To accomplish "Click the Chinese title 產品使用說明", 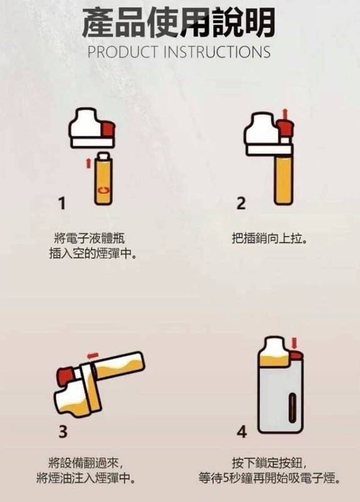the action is [x=179, y=23].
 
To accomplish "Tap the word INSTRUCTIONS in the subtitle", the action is [x=217, y=53].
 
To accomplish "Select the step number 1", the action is [x=62, y=203].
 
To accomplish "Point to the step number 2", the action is [x=241, y=203].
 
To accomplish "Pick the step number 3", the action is [x=63, y=431].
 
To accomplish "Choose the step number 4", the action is [x=241, y=431].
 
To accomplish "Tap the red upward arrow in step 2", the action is [x=285, y=114].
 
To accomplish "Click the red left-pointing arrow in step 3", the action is [x=92, y=355].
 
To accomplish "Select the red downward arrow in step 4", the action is [x=294, y=343].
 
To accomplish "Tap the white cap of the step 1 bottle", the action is [x=103, y=156].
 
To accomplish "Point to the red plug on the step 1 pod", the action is [x=108, y=129].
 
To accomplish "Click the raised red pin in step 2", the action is [x=285, y=129].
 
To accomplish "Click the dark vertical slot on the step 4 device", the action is [x=291, y=408].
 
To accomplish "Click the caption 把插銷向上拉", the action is [x=268, y=238].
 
